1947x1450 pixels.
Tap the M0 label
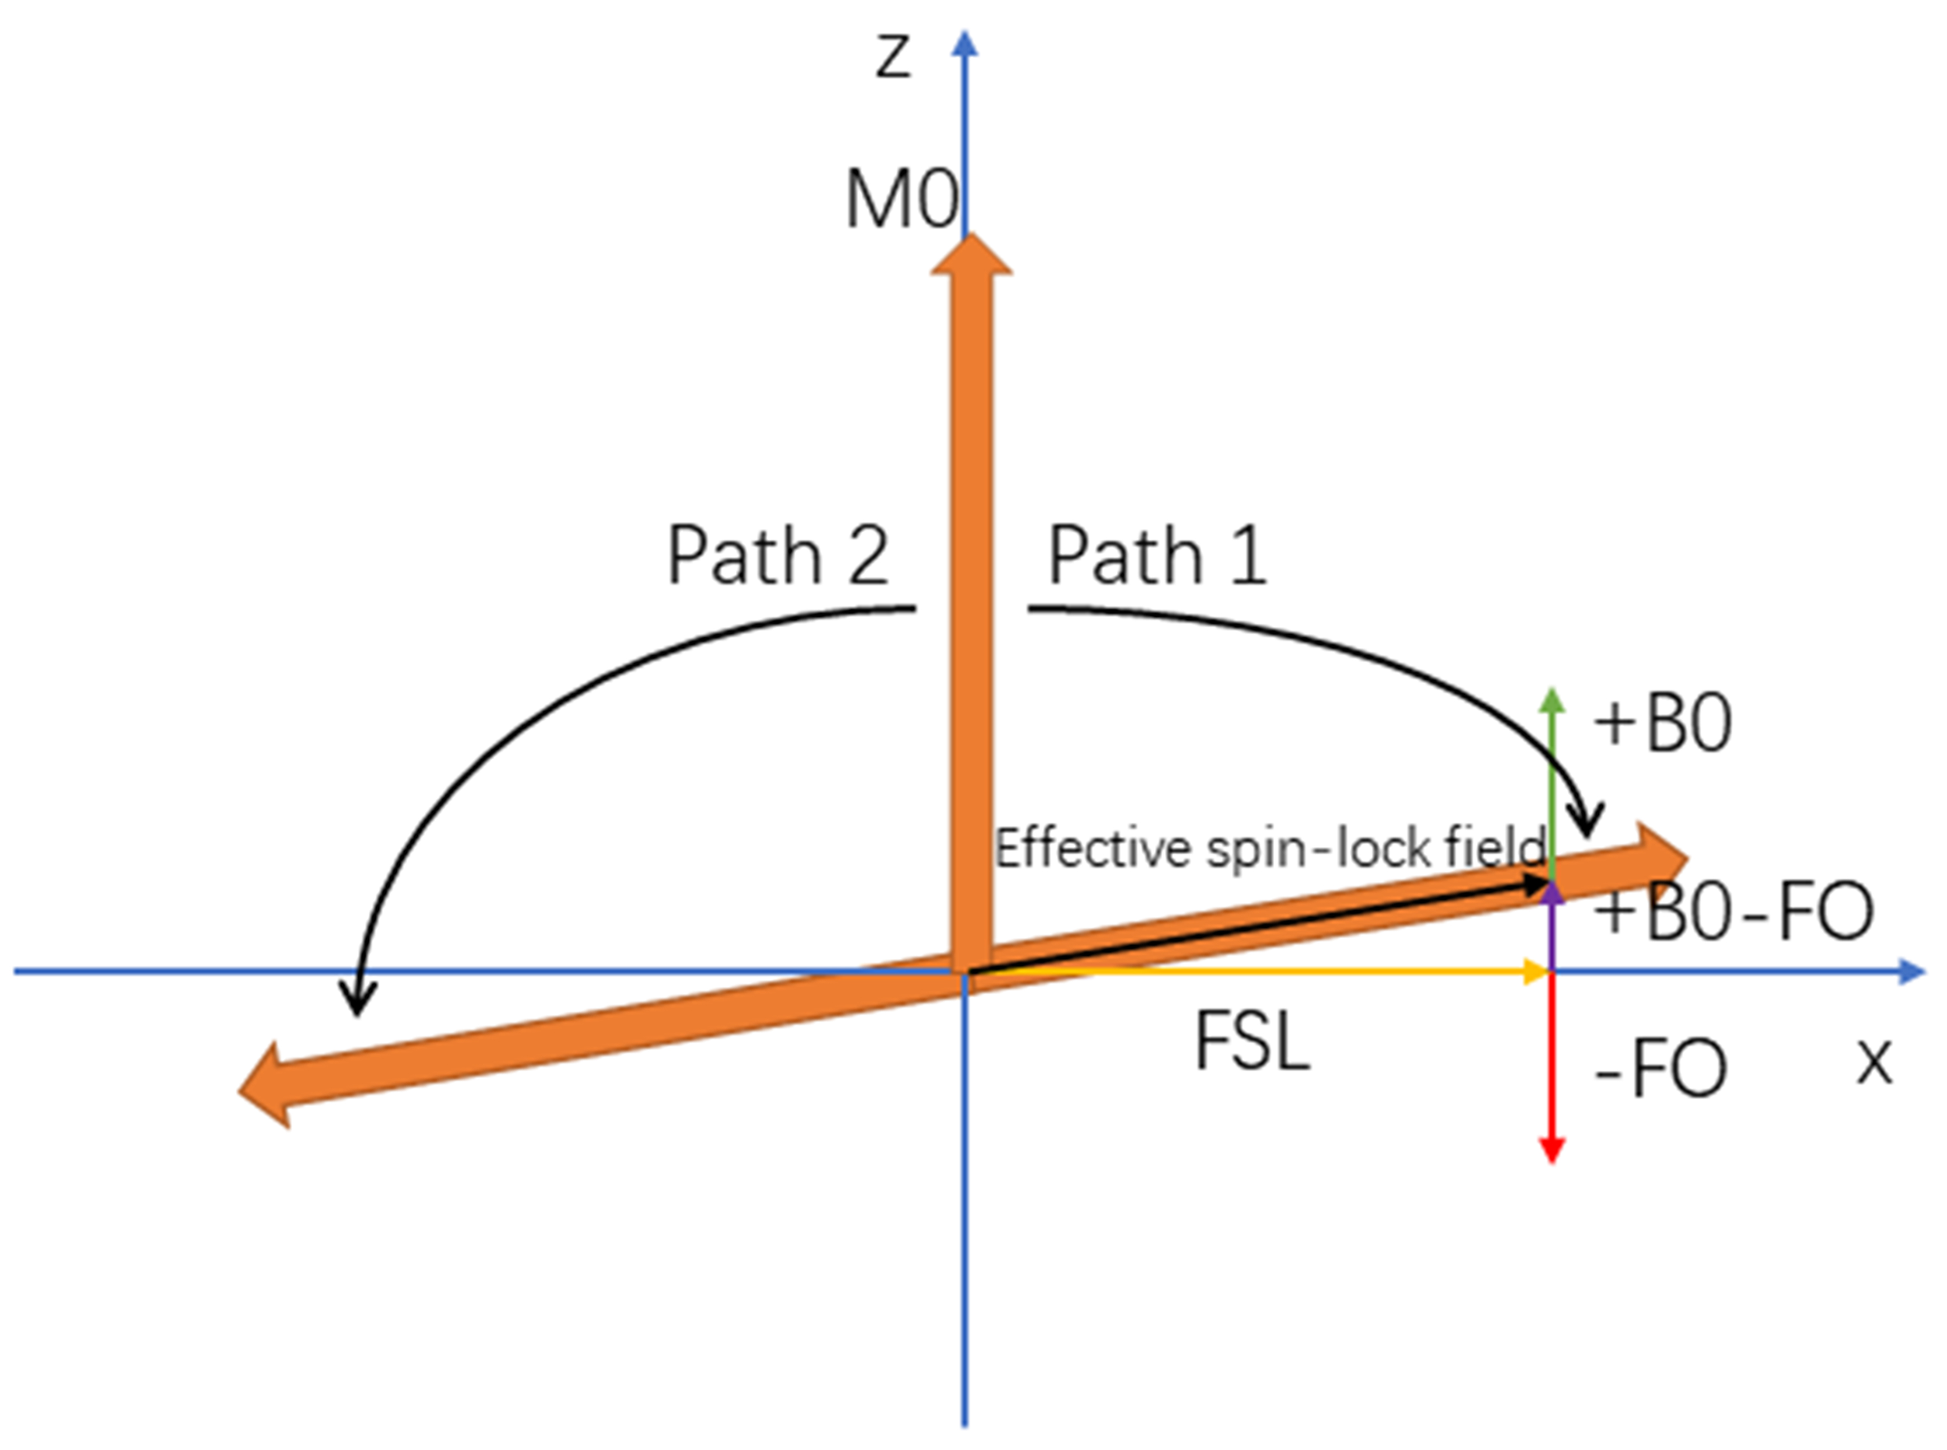click(x=901, y=200)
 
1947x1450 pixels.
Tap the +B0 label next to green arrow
click(x=1662, y=724)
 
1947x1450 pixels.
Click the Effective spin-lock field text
click(x=1268, y=848)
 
